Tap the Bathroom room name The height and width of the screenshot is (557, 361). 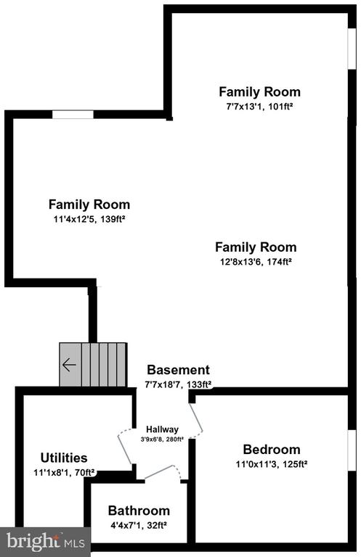click(x=139, y=511)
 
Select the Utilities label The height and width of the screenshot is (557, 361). click(x=64, y=458)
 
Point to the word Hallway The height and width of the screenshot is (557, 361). click(x=162, y=429)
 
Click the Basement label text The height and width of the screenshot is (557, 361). click(x=178, y=370)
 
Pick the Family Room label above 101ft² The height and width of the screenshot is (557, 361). click(x=259, y=92)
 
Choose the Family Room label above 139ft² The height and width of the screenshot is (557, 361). click(x=89, y=205)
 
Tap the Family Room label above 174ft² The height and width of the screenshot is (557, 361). click(x=256, y=247)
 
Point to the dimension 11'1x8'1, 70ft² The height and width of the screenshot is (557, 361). click(x=64, y=472)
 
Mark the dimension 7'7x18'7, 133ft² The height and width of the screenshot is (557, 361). click(x=178, y=384)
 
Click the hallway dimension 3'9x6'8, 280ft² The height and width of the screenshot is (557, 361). click(x=162, y=438)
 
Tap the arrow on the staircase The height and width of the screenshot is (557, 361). click(x=69, y=365)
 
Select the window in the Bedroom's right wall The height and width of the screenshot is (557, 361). click(x=352, y=453)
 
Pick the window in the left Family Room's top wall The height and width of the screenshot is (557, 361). click(x=73, y=114)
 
